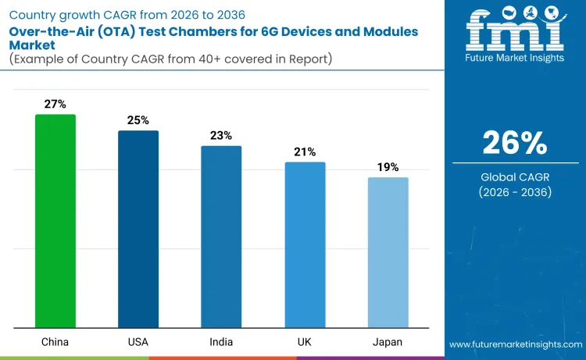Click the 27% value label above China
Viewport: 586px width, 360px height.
55,104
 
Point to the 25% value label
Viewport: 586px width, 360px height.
138,119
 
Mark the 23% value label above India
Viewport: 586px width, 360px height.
221,135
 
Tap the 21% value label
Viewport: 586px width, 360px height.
305,151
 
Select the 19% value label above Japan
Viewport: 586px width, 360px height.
388,167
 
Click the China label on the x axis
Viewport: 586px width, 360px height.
55,342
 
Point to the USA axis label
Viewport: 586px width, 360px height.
138,342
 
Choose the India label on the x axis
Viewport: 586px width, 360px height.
221,342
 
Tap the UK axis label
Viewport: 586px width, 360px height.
305,342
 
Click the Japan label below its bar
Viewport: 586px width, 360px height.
388,342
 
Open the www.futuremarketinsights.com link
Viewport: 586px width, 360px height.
515,344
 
